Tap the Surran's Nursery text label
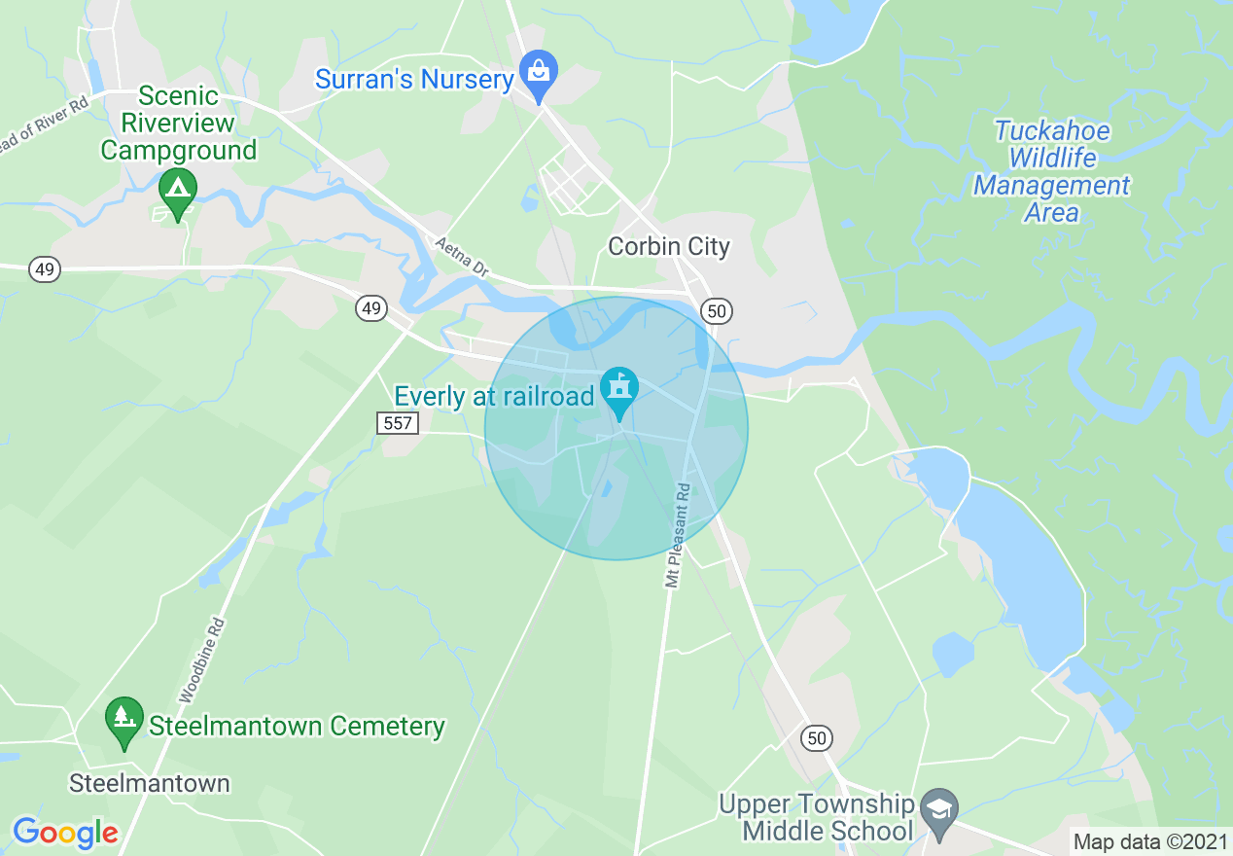[x=414, y=80]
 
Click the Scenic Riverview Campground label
[x=179, y=124]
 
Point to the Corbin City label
[x=668, y=247]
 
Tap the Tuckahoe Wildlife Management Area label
[x=1051, y=171]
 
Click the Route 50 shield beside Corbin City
[x=717, y=311]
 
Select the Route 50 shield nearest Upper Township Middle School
[x=817, y=738]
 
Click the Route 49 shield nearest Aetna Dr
[x=370, y=308]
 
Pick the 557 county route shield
[x=397, y=423]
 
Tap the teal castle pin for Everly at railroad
[x=618, y=390]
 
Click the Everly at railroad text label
[x=494, y=397]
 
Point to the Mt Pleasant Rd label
[x=678, y=535]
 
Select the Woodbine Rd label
[x=202, y=661]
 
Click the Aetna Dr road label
[x=461, y=257]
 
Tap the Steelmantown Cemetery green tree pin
[x=123, y=720]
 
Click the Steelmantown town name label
[x=150, y=783]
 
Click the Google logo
[x=65, y=833]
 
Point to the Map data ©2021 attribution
[x=1150, y=841]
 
